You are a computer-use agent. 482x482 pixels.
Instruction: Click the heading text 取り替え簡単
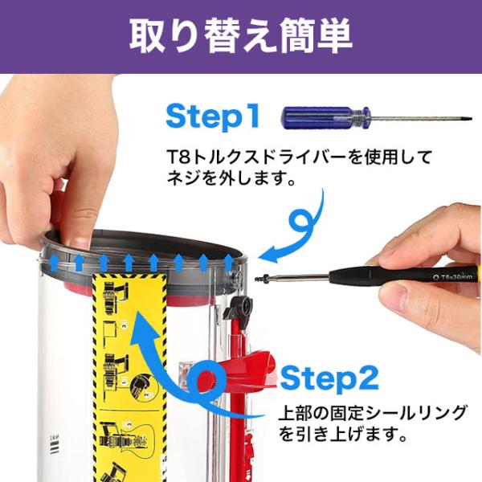click(x=241, y=36)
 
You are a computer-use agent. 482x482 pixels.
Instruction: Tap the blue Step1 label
click(x=213, y=116)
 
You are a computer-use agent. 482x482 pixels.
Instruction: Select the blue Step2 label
click(x=329, y=379)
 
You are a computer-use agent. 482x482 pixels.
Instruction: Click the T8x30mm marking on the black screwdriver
click(x=452, y=277)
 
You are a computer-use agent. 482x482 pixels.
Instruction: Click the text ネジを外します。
click(x=231, y=178)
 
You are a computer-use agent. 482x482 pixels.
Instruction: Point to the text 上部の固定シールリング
click(x=373, y=413)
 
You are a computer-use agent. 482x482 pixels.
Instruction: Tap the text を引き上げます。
click(x=343, y=433)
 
